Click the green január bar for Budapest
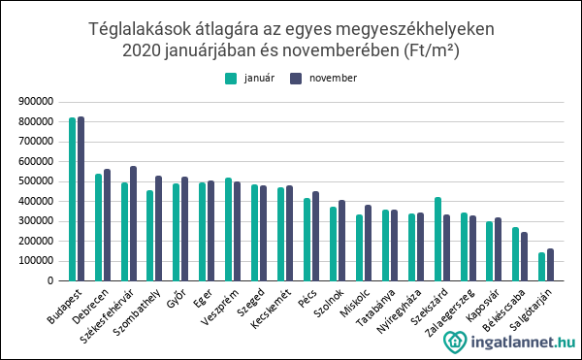coord(73,199)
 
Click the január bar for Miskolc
coord(359,247)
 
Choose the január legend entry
coord(248,78)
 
